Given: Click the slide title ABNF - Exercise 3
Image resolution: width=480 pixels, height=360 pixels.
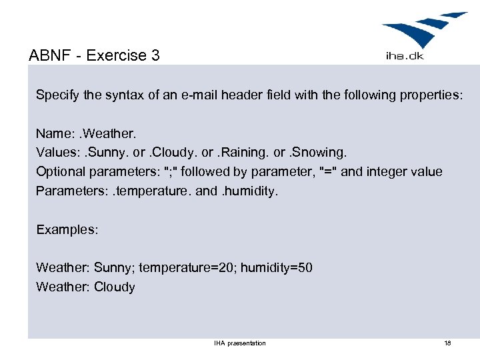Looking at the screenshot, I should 95,55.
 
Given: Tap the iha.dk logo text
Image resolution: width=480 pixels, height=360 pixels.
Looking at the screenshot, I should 404,56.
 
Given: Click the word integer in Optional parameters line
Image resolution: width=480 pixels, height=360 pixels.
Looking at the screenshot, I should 387,172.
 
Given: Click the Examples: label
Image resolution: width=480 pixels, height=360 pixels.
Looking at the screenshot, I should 67,229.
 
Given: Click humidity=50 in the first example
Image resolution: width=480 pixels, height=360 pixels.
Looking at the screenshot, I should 276,268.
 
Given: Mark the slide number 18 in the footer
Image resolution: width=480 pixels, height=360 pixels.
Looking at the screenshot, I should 447,343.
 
